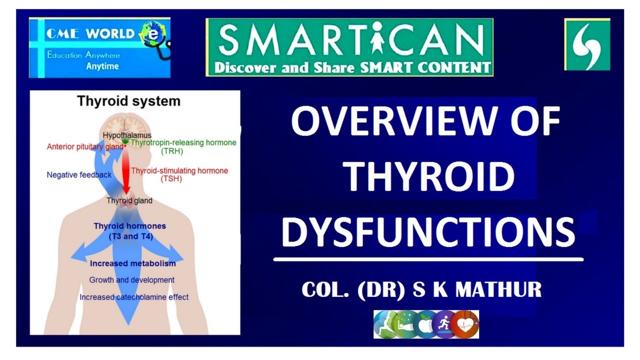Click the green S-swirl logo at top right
[x=587, y=44]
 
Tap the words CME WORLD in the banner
[x=90, y=34]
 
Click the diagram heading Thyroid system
[x=128, y=101]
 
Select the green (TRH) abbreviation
[x=171, y=151]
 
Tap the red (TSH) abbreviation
[x=171, y=179]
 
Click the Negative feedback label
[x=79, y=175]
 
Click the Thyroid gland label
[x=129, y=200]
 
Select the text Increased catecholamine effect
[x=134, y=297]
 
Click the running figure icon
[x=444, y=323]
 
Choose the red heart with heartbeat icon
[x=464, y=323]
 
